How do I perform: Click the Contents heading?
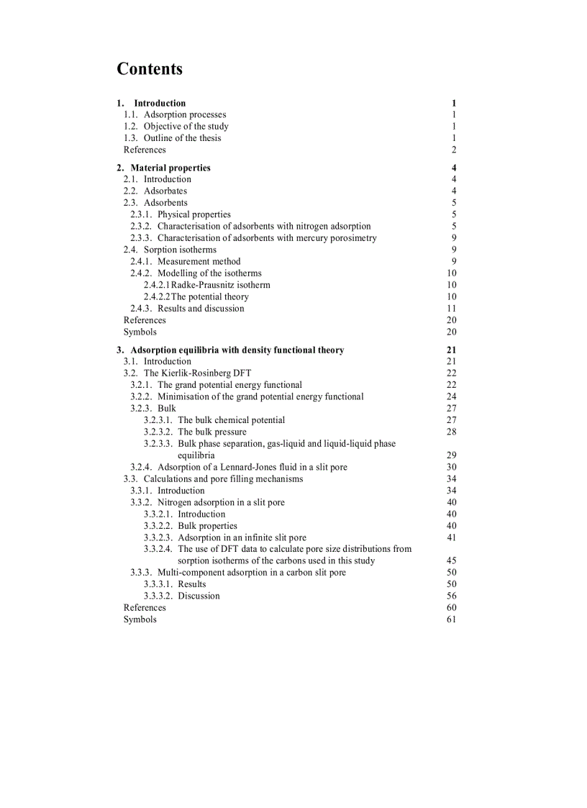pyautogui.click(x=150, y=69)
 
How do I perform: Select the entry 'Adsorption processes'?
pyautogui.click(x=185, y=114)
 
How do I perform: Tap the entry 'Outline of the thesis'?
pyautogui.click(x=183, y=138)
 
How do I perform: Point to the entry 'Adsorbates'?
pyautogui.click(x=165, y=191)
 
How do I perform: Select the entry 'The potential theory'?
pyautogui.click(x=210, y=296)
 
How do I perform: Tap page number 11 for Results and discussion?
pyautogui.click(x=452, y=309)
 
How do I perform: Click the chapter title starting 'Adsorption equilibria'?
pyautogui.click(x=237, y=350)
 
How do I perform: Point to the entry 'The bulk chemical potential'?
pyautogui.click(x=232, y=420)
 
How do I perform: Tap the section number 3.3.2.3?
pyautogui.click(x=158, y=537)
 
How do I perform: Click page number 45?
pyautogui.click(x=452, y=560)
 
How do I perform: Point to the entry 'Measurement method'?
pyautogui.click(x=199, y=261)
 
